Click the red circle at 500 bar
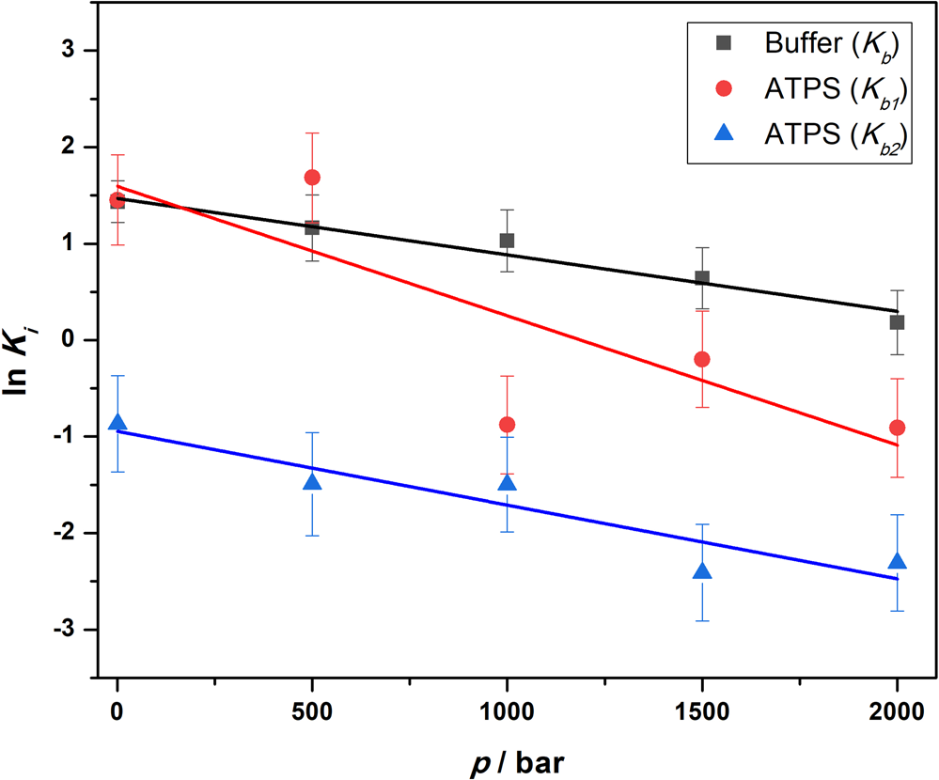[312, 178]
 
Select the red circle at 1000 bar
[507, 425]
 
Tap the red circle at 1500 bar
[702, 359]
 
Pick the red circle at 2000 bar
[897, 428]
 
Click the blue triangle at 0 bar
[117, 423]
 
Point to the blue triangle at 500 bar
[312, 482]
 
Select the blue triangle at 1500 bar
[702, 571]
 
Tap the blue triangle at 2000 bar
[897, 561]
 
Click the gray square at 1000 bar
[507, 241]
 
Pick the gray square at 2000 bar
[897, 322]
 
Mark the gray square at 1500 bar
[702, 278]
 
